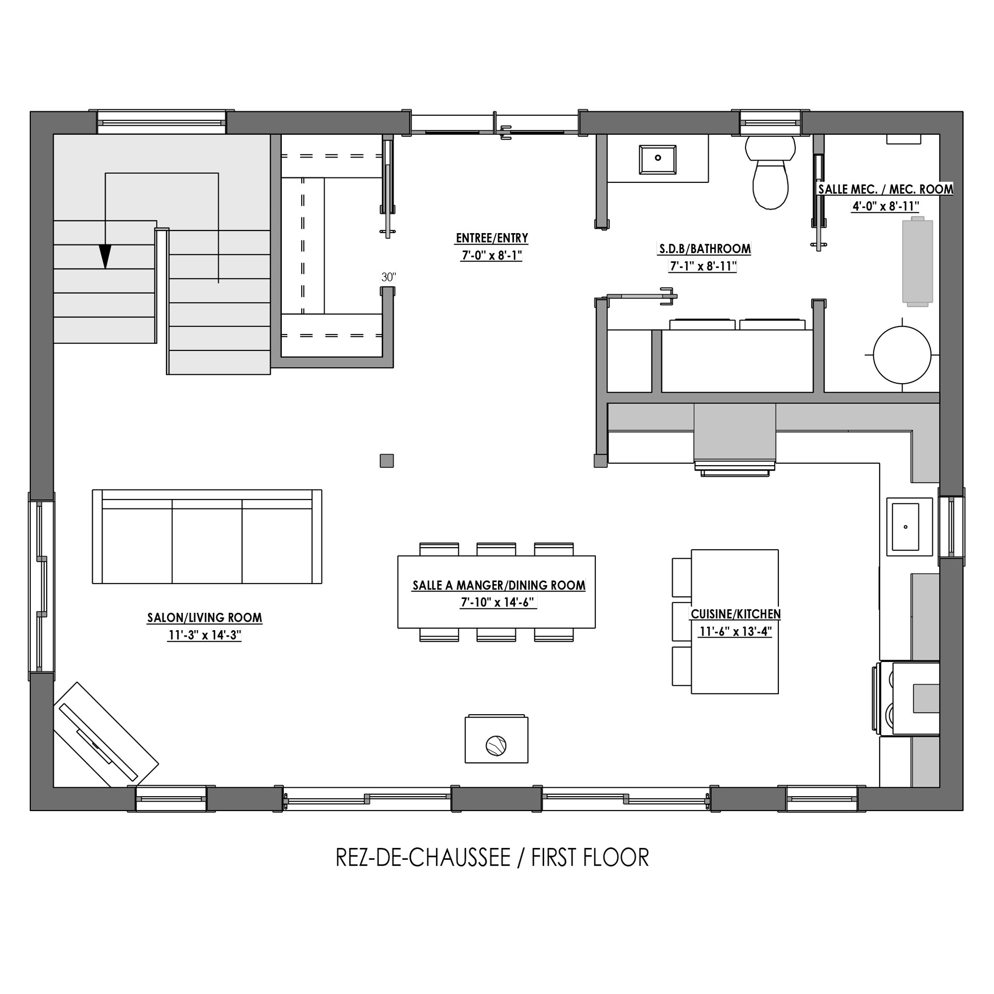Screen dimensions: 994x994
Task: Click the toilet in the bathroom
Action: coord(770,172)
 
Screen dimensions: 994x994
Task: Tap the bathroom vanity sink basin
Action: coord(658,160)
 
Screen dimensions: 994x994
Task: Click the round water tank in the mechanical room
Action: coord(902,355)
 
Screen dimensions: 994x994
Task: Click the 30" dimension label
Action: coord(389,277)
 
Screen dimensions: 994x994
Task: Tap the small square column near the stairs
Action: coord(387,461)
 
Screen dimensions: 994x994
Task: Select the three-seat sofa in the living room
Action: coord(207,537)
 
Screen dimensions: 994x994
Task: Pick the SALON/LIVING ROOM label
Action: coord(205,617)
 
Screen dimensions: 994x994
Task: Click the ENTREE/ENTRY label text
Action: coord(492,238)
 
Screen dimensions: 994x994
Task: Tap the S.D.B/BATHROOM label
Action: coord(705,249)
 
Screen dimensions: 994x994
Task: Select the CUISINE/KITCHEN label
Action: coord(736,614)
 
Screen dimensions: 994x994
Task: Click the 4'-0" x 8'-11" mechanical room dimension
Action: coord(886,206)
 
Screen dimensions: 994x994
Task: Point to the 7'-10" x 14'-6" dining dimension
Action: coord(498,602)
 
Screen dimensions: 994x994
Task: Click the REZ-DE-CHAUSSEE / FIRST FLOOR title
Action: coord(493,858)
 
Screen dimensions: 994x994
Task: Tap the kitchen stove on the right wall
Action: coord(907,698)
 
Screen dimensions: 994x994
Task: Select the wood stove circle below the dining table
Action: coord(496,745)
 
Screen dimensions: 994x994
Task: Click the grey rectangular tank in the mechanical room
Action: coord(917,261)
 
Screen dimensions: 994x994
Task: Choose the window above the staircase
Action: coord(162,122)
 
